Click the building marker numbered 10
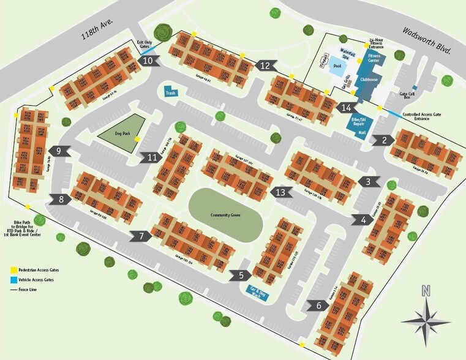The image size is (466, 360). pyautogui.click(x=148, y=61)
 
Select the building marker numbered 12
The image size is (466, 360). pyautogui.click(x=265, y=66)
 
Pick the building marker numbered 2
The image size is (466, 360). pyautogui.click(x=384, y=140)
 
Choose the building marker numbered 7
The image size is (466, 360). pyautogui.click(x=141, y=236)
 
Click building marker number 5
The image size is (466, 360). pyautogui.click(x=241, y=276)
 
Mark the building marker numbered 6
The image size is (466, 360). pyautogui.click(x=319, y=305)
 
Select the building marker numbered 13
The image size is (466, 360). pyautogui.click(x=280, y=192)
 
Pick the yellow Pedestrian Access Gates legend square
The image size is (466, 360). pyautogui.click(x=12, y=269)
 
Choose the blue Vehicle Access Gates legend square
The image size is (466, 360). pyautogui.click(x=12, y=279)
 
